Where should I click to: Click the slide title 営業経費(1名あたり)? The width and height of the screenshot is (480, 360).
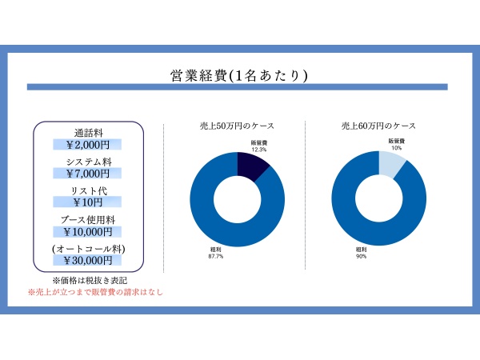click(x=240, y=75)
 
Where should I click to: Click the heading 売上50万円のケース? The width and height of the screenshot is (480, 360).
click(x=237, y=126)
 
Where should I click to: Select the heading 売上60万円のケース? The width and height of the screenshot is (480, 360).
click(x=378, y=126)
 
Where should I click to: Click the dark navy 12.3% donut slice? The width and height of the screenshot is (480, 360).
click(x=254, y=164)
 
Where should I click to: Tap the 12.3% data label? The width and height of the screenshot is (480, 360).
click(x=258, y=150)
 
